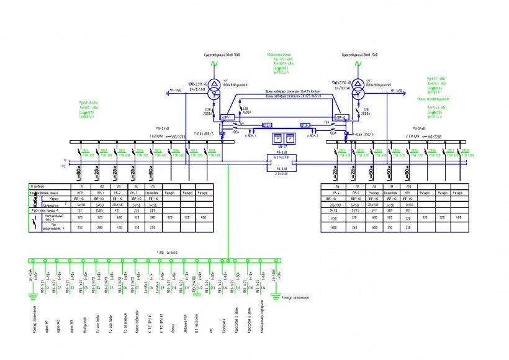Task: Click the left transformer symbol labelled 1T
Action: coord(214,85)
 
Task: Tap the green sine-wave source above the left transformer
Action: coord(214,64)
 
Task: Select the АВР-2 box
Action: coord(340,117)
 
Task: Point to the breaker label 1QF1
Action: coord(86,150)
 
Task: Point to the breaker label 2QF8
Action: coord(465,150)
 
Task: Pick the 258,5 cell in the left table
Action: coord(99,210)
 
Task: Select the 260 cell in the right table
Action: coord(355,227)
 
